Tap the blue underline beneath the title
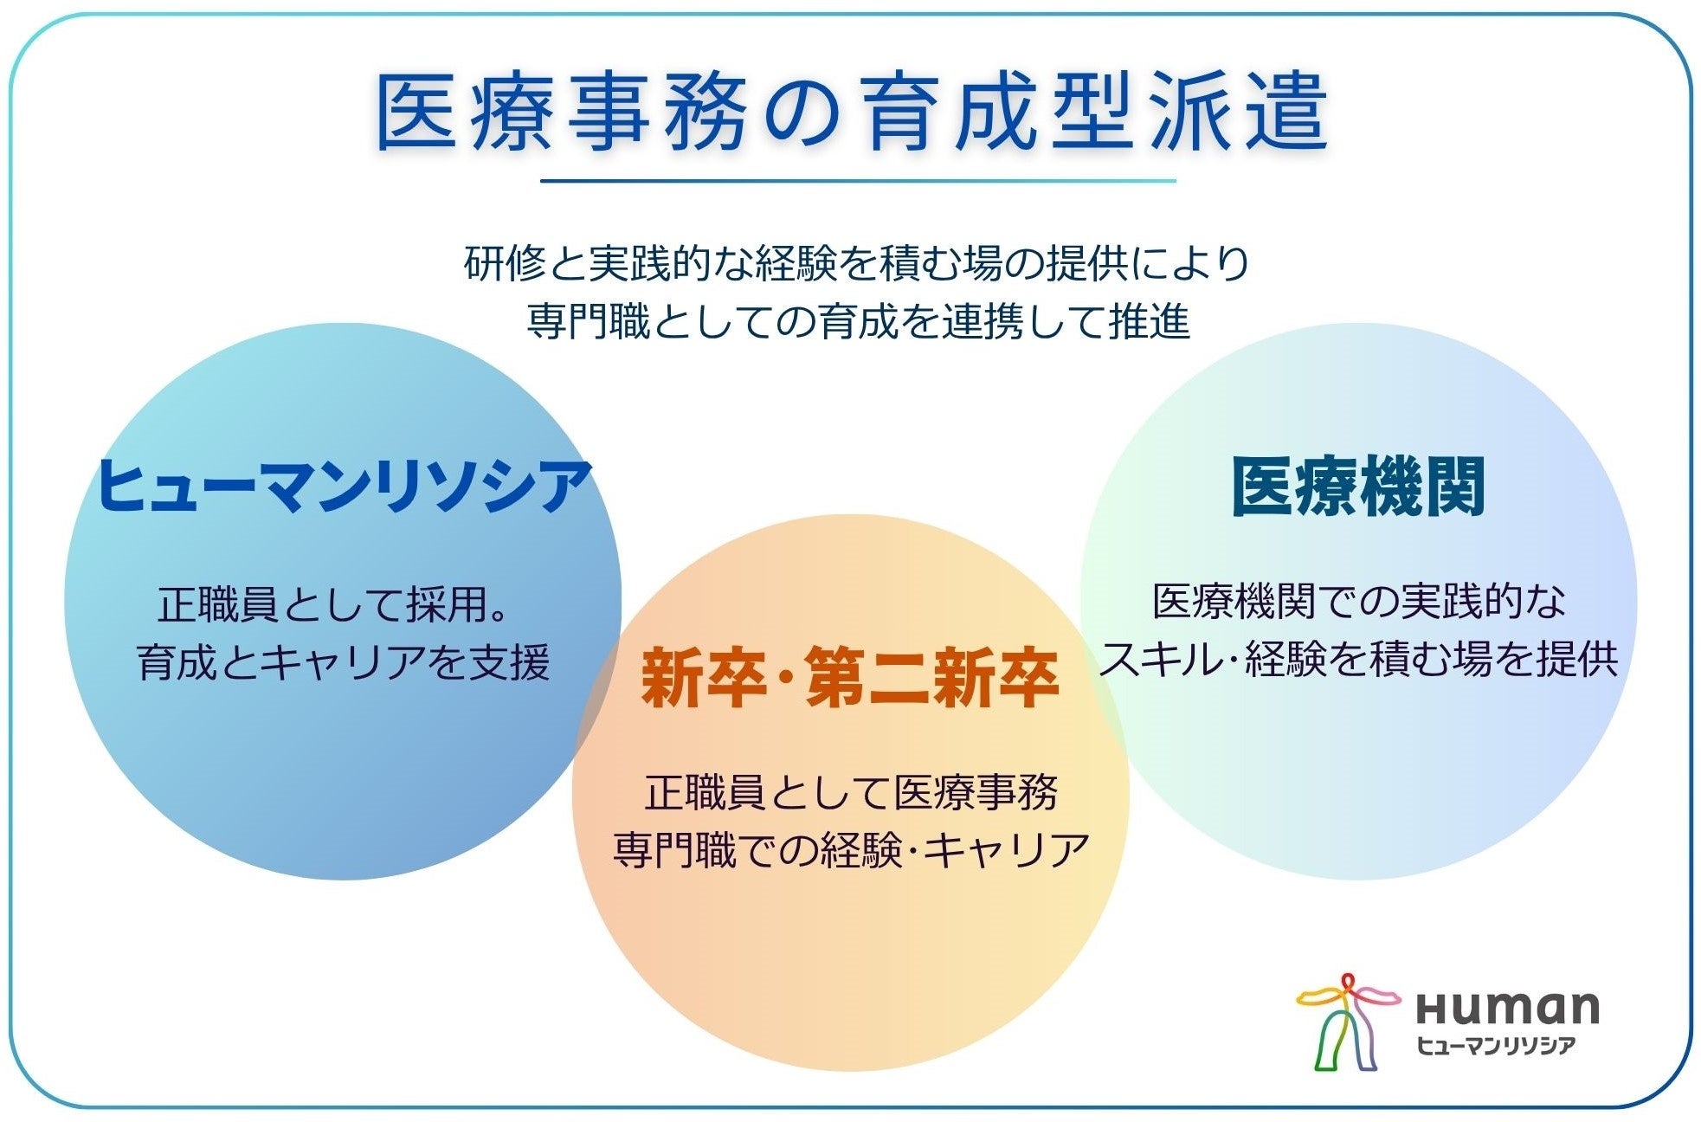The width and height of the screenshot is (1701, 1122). tap(858, 181)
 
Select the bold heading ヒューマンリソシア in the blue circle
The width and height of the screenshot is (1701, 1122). tap(344, 486)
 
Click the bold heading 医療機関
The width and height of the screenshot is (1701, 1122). tap(1358, 487)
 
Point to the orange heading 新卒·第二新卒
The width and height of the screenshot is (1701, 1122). tap(849, 678)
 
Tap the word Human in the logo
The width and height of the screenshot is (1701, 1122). tap(1507, 1006)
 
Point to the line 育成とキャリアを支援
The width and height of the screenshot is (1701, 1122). tap(344, 663)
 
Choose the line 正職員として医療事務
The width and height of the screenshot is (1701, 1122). tap(851, 791)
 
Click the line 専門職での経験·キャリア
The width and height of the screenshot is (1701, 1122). tap(851, 850)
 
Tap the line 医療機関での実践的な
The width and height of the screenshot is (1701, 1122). tap(1359, 601)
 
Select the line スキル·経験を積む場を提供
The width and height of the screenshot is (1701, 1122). tap(1358, 660)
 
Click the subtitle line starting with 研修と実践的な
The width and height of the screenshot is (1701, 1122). tap(857, 263)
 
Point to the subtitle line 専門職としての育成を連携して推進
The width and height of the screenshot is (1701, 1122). tap(858, 321)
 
